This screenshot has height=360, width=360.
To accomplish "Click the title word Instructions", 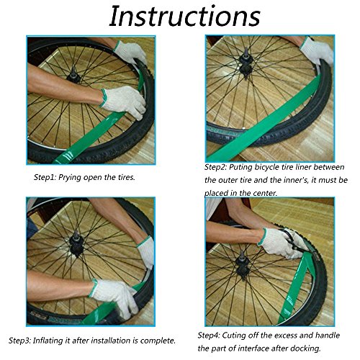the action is [185, 16].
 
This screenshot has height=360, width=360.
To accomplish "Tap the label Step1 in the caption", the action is [45, 178].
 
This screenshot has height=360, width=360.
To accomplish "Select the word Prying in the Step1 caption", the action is [71, 178].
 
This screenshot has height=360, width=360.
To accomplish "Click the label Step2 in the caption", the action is [215, 167].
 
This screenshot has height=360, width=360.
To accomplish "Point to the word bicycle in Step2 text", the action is [266, 167].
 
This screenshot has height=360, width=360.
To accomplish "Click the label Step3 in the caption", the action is [19, 341].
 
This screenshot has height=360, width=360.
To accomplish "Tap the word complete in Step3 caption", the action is [158, 341].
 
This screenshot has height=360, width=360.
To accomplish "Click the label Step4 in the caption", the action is [209, 336].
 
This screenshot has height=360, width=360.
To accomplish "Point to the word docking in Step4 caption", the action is [306, 348].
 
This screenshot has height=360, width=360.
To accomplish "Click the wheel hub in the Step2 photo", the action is [246, 66].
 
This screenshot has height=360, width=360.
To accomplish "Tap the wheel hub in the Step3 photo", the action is [78, 243].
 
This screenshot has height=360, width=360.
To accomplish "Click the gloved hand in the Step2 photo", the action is [317, 51].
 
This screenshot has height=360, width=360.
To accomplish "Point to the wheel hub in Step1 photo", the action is [73, 75].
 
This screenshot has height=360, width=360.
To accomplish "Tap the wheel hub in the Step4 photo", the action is [242, 264].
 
